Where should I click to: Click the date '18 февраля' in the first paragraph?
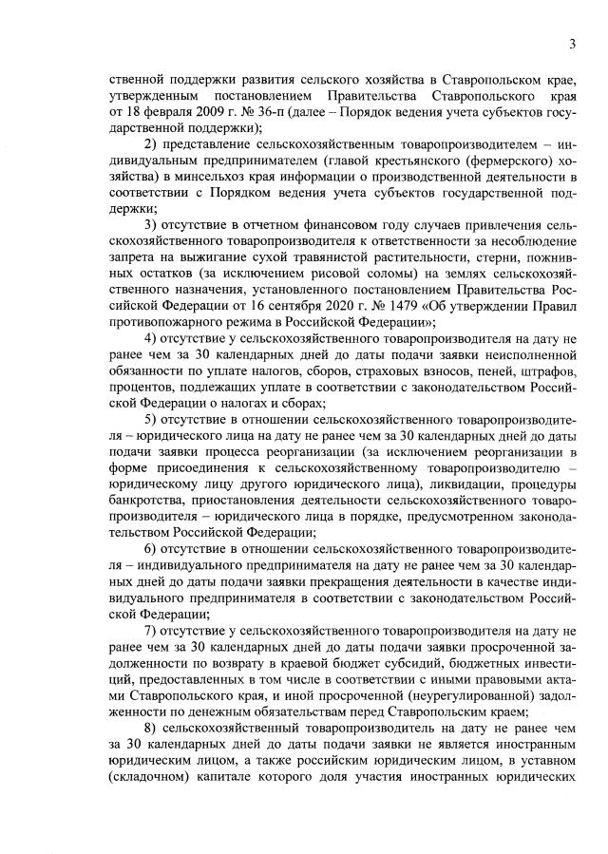pyautogui.click(x=147, y=112)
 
